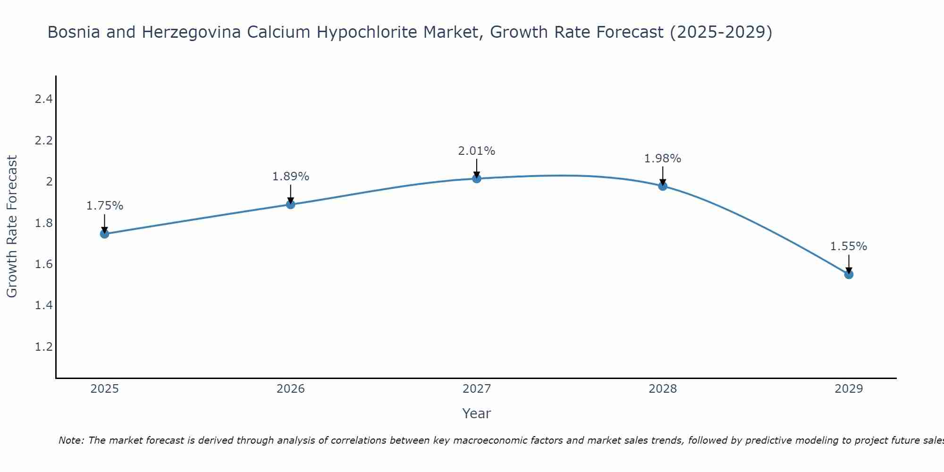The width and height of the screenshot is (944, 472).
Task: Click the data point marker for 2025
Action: click(x=104, y=234)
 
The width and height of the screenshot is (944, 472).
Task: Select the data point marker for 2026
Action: click(x=291, y=204)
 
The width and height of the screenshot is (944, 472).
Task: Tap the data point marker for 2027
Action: click(x=477, y=178)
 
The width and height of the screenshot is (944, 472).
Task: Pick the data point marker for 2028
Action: click(x=663, y=186)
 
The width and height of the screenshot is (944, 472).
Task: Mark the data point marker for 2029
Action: click(x=849, y=274)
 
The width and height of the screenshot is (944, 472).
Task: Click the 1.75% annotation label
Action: click(x=104, y=206)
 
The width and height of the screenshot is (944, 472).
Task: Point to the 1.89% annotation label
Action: click(x=291, y=177)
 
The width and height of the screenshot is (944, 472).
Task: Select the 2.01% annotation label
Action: click(x=477, y=151)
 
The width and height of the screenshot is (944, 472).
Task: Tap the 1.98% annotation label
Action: click(x=663, y=159)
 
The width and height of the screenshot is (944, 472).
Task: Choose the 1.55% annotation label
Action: click(x=849, y=246)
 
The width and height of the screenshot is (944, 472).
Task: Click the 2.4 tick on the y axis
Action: click(x=43, y=99)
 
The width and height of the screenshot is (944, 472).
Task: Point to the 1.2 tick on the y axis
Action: click(x=43, y=347)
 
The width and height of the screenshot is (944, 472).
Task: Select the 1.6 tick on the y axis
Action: click(x=43, y=264)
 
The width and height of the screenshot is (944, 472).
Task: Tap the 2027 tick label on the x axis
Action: click(x=477, y=389)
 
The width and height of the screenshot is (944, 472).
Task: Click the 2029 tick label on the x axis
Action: click(x=849, y=389)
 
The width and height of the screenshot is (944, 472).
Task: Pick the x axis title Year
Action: click(x=477, y=413)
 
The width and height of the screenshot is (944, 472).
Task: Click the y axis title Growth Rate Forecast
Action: click(x=12, y=226)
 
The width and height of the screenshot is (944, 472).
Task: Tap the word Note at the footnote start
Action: click(x=71, y=440)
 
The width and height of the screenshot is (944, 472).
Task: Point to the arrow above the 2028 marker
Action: click(x=663, y=176)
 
